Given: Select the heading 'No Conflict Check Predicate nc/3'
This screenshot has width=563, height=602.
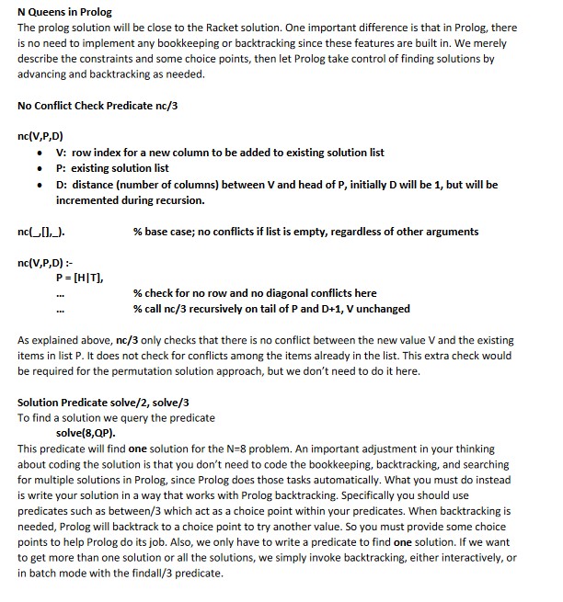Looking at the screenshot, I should pyautogui.click(x=98, y=106).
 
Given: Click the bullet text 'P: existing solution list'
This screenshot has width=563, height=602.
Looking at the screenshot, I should pyautogui.click(x=112, y=168).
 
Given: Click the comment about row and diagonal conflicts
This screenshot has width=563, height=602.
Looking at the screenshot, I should pyautogui.click(x=255, y=293).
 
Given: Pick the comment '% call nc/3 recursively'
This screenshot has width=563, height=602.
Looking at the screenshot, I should pyautogui.click(x=271, y=309).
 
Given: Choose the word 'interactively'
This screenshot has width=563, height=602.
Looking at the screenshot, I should pyautogui.click(x=463, y=557).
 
